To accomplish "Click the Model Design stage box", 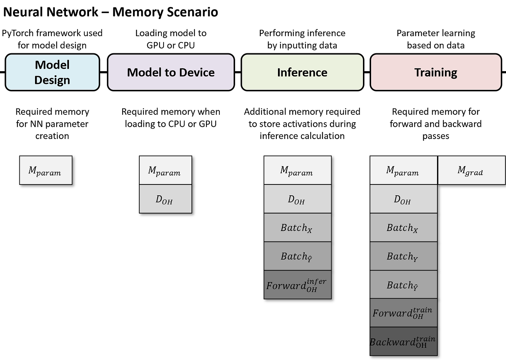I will (x=52, y=72).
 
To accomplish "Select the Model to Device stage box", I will (x=171, y=72).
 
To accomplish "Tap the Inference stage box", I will (x=302, y=72).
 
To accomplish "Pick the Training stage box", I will (x=436, y=72).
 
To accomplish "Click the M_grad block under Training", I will (x=471, y=170).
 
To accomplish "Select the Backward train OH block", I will (x=403, y=341).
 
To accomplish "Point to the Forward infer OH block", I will (x=297, y=285).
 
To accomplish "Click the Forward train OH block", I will (x=403, y=313).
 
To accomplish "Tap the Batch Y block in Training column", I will (x=403, y=256).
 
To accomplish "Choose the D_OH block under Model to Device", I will (x=165, y=199).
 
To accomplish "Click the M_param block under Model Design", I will (x=45, y=170).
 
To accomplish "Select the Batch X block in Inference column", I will (x=297, y=228).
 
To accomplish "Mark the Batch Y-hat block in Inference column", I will (x=297, y=256).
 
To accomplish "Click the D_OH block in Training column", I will (x=403, y=199).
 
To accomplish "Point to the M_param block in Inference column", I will (x=297, y=170).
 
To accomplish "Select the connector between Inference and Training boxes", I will (x=367, y=72).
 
